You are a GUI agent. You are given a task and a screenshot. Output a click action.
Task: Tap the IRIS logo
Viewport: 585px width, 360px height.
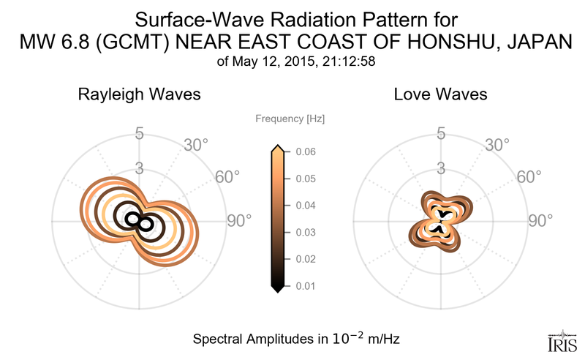click(562, 342)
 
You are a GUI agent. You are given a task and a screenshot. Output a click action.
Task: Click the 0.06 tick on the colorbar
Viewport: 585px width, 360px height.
click(306, 152)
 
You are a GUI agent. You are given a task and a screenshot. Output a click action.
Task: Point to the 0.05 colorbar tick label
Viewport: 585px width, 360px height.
click(306, 179)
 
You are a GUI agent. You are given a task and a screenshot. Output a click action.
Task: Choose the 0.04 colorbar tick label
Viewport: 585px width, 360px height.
click(306, 206)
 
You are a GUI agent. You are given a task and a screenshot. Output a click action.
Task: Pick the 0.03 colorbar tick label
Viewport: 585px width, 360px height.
click(306, 233)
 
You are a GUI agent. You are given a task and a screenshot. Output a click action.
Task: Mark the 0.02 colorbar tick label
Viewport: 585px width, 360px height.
click(306, 259)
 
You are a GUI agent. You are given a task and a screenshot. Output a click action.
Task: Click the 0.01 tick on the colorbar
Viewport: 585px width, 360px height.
click(306, 286)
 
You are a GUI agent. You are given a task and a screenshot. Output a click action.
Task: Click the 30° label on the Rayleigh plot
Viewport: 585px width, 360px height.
click(197, 145)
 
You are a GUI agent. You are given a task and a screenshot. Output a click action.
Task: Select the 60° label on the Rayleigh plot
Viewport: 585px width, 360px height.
click(227, 177)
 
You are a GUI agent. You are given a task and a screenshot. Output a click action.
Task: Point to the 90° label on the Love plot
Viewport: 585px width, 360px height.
click(541, 221)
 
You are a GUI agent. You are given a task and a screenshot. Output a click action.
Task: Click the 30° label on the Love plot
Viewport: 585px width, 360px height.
click(499, 145)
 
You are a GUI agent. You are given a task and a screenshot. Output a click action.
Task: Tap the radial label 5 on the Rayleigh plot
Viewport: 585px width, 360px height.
click(139, 134)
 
